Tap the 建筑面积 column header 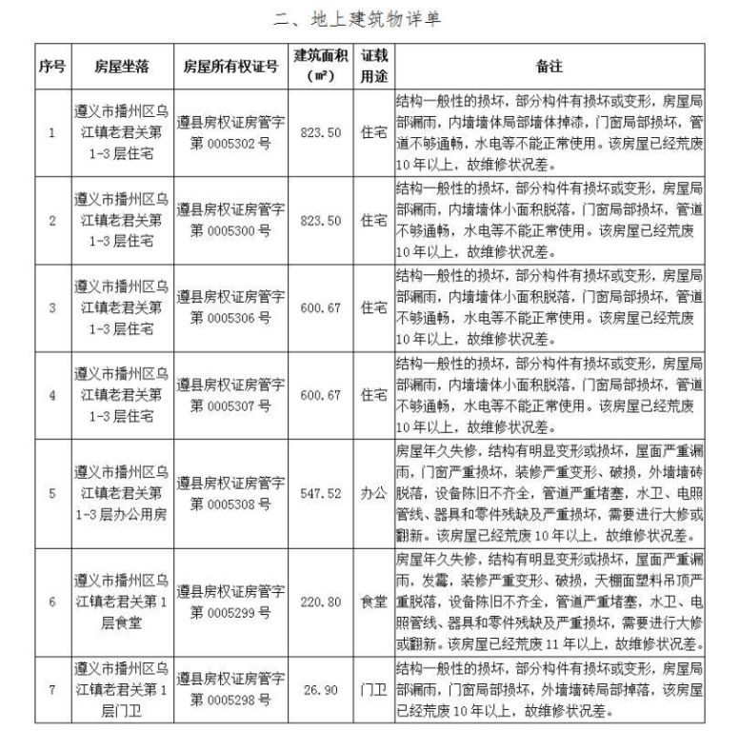319,66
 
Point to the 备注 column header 550,67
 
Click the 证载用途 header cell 373,66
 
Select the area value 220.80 319,602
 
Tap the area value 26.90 319,689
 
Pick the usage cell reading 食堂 373,602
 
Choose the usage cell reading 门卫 373,689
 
